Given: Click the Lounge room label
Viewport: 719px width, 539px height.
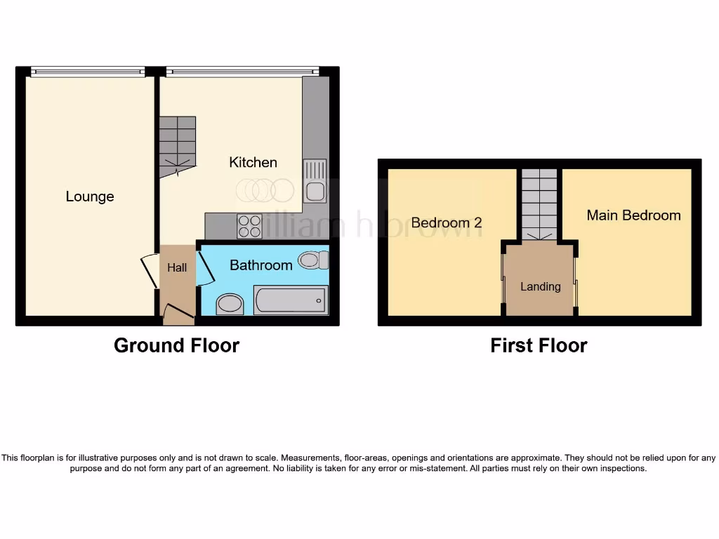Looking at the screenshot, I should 90,197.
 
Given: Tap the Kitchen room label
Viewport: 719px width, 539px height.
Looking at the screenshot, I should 253,162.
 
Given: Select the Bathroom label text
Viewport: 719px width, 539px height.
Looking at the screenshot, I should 261,265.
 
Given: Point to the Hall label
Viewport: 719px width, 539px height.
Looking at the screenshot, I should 177,267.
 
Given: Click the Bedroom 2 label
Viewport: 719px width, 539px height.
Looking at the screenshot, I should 447,222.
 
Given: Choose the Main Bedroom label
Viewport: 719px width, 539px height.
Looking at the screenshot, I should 633,215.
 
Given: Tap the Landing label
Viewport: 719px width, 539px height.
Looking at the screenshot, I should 540,286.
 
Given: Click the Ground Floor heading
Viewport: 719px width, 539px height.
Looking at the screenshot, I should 176,345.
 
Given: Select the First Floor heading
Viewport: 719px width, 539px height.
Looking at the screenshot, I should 539,345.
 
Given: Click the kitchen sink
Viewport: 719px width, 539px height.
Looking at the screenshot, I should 315,182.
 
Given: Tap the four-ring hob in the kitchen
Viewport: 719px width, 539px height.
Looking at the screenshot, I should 249,226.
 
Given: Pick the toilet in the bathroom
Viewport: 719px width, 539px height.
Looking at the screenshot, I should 313,260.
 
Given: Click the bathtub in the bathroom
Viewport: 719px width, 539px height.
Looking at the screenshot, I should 291,300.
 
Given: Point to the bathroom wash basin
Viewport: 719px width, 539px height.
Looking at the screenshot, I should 229,304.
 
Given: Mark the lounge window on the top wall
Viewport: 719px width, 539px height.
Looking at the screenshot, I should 88,70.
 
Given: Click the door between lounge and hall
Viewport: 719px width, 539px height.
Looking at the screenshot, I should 150,271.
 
